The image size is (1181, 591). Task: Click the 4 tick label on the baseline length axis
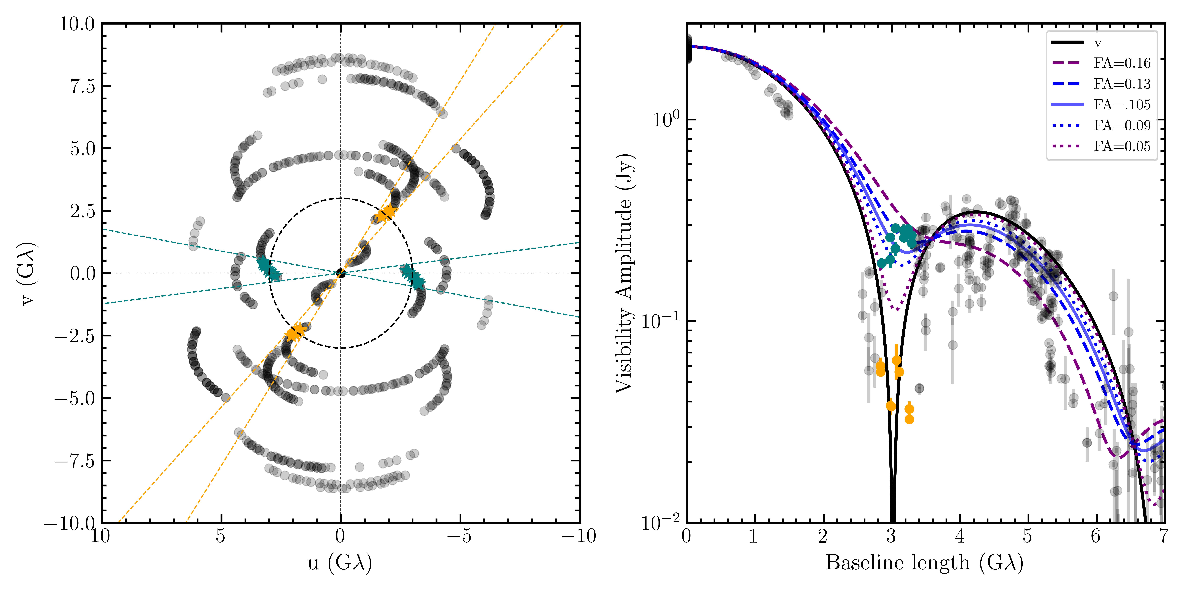click(x=960, y=536)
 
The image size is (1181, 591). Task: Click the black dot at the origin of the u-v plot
click(x=341, y=273)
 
